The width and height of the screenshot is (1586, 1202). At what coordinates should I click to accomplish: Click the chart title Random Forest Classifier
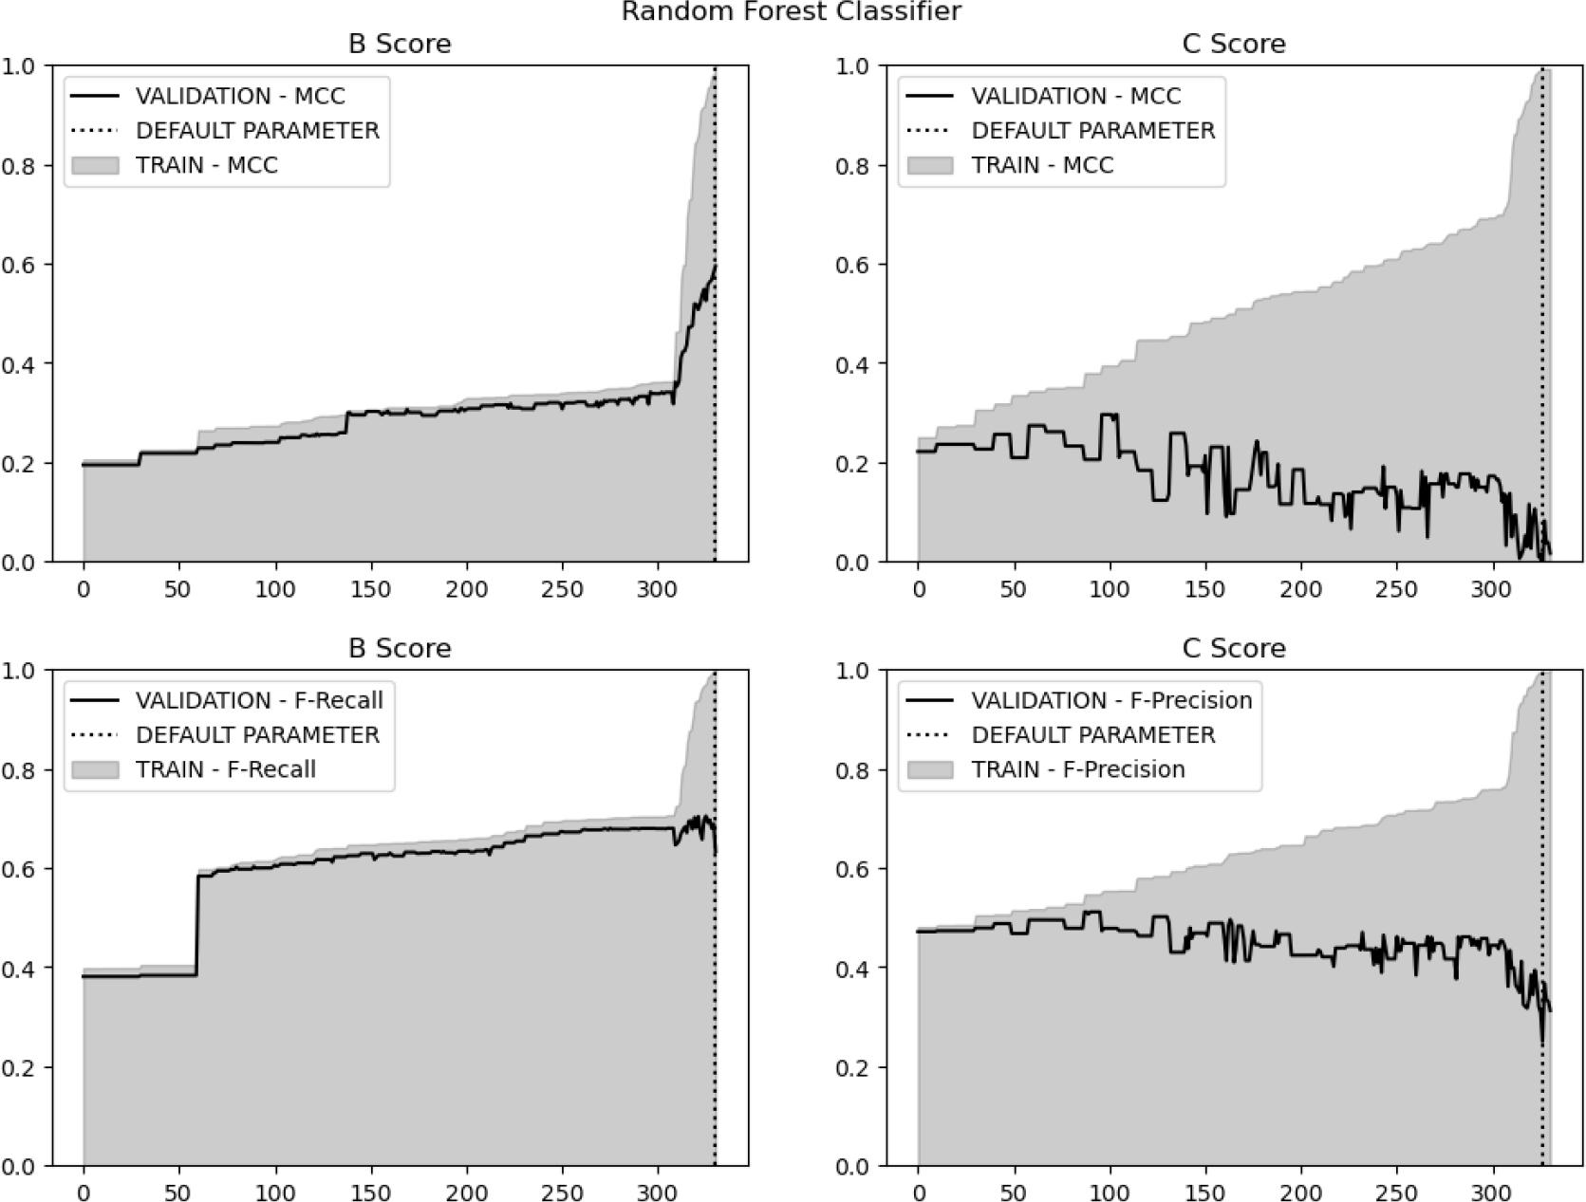coord(791,11)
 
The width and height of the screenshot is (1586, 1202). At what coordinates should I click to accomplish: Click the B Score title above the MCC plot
coord(400,44)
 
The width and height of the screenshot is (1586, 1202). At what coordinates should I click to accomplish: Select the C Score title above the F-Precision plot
coord(1234,648)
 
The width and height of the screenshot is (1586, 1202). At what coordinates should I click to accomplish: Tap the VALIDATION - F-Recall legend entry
coord(259,700)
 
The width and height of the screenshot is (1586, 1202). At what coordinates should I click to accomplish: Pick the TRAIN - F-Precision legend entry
coord(1077,769)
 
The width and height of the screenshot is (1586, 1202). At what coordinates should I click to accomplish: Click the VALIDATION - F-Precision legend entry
coord(1111,700)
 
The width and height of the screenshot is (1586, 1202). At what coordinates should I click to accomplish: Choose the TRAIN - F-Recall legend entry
coord(226,769)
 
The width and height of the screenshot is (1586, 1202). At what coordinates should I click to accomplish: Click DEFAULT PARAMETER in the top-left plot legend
coord(257,130)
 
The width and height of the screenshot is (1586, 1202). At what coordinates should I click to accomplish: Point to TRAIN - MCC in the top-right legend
coord(1042,165)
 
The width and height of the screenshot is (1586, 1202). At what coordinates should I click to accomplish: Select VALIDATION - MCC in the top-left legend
coord(240,96)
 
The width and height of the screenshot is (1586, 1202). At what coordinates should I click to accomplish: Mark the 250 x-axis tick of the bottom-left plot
coord(562,1193)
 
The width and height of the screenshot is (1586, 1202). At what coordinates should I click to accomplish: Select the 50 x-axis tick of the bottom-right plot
coord(1014,1193)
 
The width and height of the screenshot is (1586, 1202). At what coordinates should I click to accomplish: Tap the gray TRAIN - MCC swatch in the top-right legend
coord(930,165)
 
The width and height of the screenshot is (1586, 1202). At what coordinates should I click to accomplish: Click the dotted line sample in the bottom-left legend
coord(95,735)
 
